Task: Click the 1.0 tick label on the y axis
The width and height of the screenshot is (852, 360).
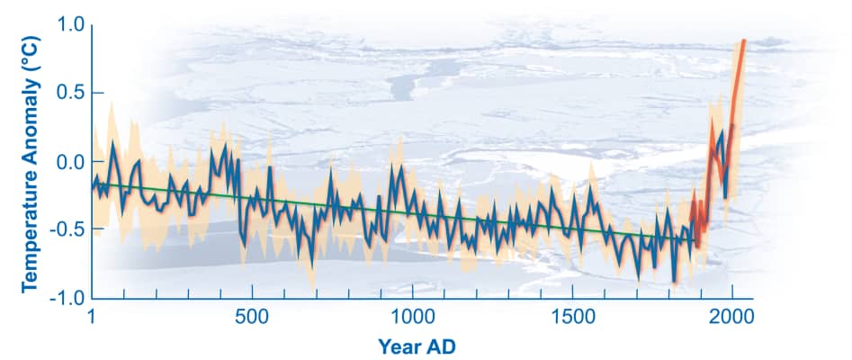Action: [68, 26]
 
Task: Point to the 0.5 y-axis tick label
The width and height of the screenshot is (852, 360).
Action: [68, 94]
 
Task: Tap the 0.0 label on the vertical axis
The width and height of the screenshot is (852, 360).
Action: [68, 162]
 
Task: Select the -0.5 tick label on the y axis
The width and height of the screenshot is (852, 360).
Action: [66, 229]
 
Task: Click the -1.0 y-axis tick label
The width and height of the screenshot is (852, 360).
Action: [66, 297]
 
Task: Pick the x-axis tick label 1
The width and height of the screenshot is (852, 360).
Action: [92, 316]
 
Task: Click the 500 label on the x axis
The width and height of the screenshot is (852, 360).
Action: [251, 316]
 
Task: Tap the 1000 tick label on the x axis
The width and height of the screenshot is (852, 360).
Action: [412, 316]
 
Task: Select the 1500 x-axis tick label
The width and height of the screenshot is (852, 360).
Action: [573, 316]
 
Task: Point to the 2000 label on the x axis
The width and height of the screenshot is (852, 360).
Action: [732, 316]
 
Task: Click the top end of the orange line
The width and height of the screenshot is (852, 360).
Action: [744, 40]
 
